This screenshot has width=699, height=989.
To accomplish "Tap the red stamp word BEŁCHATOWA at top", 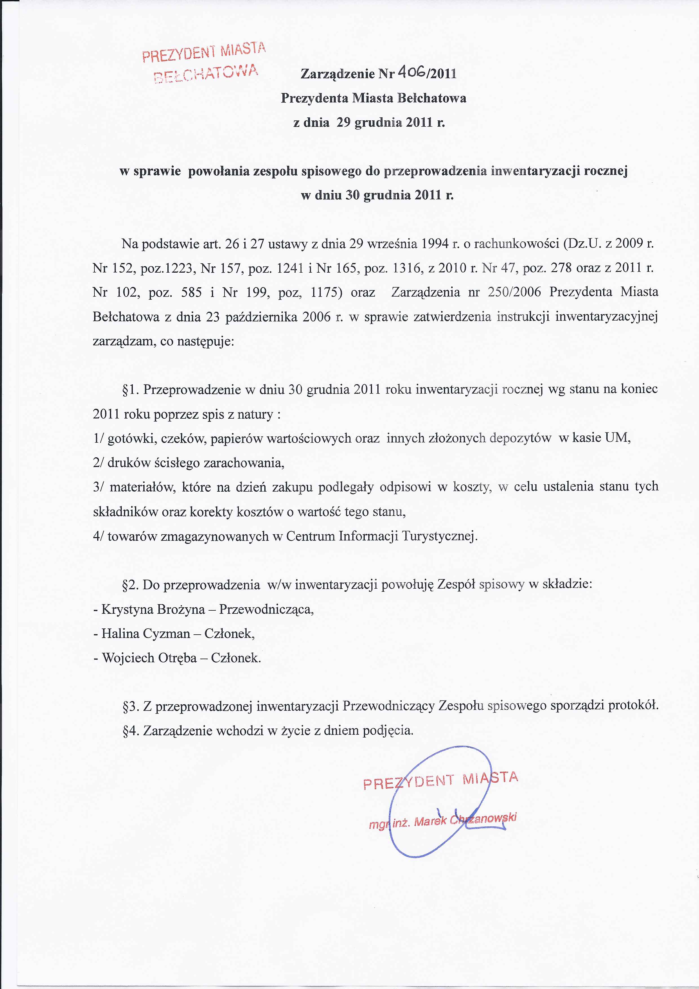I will [206, 74].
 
